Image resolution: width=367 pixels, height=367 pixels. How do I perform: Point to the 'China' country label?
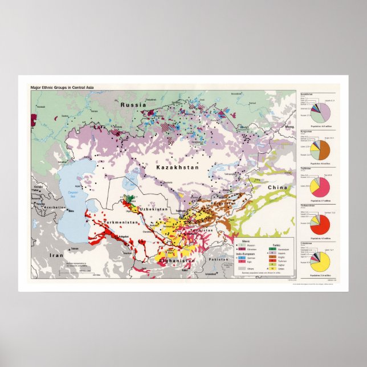pyautogui.click(x=279, y=186)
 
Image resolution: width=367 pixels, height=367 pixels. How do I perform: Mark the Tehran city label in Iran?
pyautogui.click(x=74, y=248)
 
